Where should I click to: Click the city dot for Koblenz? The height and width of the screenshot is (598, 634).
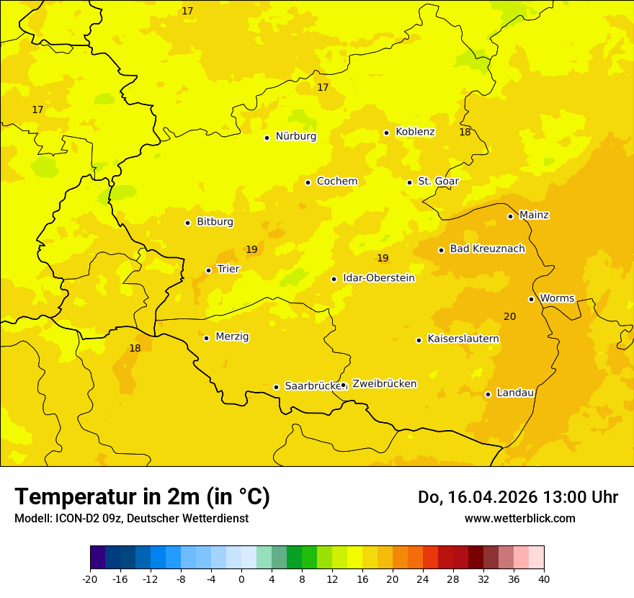pyautogui.click(x=387, y=133)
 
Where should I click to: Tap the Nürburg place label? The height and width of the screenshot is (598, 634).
pyautogui.click(x=295, y=136)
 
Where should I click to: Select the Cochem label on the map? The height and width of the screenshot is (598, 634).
pyautogui.click(x=337, y=182)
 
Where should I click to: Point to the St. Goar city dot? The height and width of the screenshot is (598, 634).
pyautogui.click(x=409, y=182)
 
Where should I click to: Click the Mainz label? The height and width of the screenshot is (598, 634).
pyautogui.click(x=534, y=215)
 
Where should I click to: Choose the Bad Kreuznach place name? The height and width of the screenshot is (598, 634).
pyautogui.click(x=487, y=249)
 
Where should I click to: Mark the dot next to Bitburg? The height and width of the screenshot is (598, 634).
pyautogui.click(x=187, y=223)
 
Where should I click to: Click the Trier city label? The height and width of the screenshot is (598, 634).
pyautogui.click(x=228, y=269)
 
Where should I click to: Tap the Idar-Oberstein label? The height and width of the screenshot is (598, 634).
pyautogui.click(x=379, y=278)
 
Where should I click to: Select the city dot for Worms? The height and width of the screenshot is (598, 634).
pyautogui.click(x=531, y=299)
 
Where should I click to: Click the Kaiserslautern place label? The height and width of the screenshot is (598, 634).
pyautogui.click(x=463, y=339)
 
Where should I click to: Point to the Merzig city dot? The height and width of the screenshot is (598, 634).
pyautogui.click(x=206, y=338)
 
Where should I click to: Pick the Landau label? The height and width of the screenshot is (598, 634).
pyautogui.click(x=515, y=393)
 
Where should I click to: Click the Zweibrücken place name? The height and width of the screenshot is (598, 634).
pyautogui.click(x=384, y=384)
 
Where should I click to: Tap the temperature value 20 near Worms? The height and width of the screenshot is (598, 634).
pyautogui.click(x=509, y=317)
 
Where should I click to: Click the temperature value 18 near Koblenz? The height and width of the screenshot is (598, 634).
pyautogui.click(x=465, y=133)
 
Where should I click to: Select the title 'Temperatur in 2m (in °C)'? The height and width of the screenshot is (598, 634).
pyautogui.click(x=142, y=497)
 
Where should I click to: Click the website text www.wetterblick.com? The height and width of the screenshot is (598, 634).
pyautogui.click(x=519, y=519)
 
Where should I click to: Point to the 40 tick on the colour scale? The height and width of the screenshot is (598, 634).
pyautogui.click(x=544, y=579)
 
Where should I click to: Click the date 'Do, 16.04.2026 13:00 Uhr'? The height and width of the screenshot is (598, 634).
pyautogui.click(x=517, y=497)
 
